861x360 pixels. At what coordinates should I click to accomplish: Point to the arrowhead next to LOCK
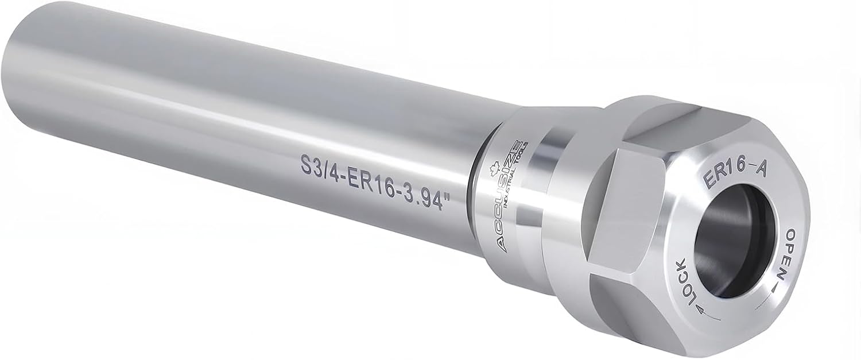click(x=701, y=310)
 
